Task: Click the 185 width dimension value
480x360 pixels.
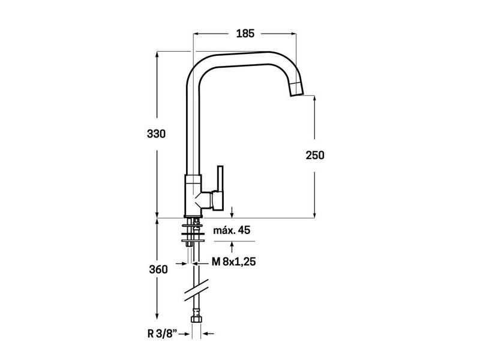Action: [245, 34]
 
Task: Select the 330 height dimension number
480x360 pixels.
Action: [156, 134]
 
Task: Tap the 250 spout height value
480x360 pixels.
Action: [314, 155]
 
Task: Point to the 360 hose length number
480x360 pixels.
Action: [158, 269]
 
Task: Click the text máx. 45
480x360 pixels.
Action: [232, 230]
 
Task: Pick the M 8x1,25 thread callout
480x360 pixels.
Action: [234, 262]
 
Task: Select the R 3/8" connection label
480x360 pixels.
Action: [163, 334]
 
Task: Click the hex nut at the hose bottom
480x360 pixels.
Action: [196, 319]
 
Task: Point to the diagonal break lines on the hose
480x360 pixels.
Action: [196, 290]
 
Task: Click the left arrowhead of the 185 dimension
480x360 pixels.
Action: [197, 34]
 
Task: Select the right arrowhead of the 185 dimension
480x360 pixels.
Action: [293, 34]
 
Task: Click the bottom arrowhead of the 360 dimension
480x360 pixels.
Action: [157, 316]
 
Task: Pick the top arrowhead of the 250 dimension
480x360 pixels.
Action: [314, 99]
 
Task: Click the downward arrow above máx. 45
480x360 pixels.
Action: [232, 212]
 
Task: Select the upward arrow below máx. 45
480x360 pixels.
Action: [232, 247]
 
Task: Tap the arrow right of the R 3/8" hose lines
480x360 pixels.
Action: [208, 334]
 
